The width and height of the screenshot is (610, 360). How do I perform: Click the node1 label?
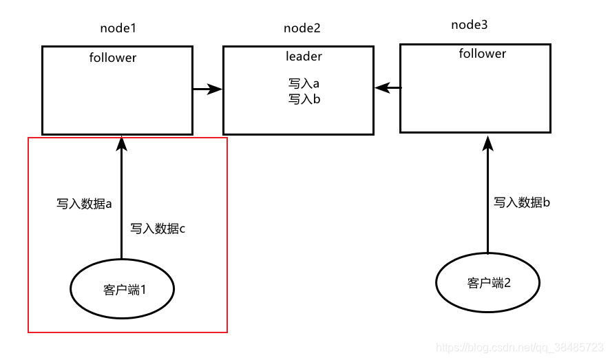[x=118, y=28]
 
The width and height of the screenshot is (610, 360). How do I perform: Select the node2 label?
[x=302, y=28]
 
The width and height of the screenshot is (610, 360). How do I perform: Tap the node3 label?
[x=469, y=25]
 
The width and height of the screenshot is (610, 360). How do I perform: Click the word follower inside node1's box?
[x=113, y=58]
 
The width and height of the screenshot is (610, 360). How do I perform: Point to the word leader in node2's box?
[x=304, y=56]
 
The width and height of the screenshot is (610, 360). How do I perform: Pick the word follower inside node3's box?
[x=483, y=54]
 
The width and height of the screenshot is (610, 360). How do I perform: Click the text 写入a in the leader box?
[x=304, y=83]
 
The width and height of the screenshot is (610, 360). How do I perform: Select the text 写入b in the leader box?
[x=304, y=99]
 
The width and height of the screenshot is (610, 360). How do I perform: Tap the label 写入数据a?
[x=84, y=204]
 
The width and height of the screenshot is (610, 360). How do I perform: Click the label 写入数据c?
[x=158, y=229]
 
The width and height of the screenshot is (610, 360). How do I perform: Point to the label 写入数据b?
[x=522, y=202]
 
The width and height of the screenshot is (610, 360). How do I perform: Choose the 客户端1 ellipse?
[x=123, y=289]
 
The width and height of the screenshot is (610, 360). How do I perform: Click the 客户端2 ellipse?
[x=488, y=282]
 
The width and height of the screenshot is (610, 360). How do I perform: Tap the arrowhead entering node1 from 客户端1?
[x=122, y=143]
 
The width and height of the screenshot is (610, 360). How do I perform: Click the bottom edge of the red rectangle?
[x=127, y=332]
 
